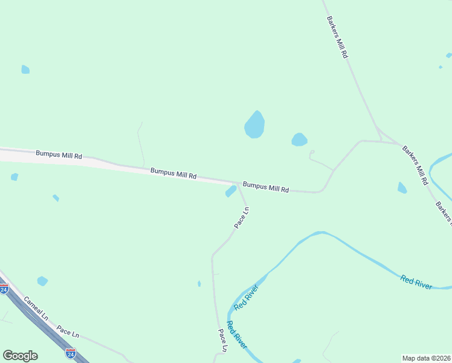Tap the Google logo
point(20,356)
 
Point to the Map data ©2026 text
point(426,358)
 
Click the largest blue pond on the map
point(254,125)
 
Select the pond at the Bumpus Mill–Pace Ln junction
point(231,191)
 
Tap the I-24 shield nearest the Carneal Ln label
point(4,289)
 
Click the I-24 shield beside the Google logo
point(71,353)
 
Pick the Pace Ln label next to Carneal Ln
point(68,332)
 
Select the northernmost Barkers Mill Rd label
point(337,37)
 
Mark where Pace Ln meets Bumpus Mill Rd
point(237,183)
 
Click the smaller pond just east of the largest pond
point(299,140)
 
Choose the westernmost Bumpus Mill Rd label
point(59,155)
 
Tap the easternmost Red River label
point(416,282)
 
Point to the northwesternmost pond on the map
point(25,70)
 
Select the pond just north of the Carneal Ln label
point(42,281)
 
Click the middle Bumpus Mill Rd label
point(173,174)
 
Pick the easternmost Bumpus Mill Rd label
point(265,187)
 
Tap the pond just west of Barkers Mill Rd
point(402,188)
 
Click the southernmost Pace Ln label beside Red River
point(222,340)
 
